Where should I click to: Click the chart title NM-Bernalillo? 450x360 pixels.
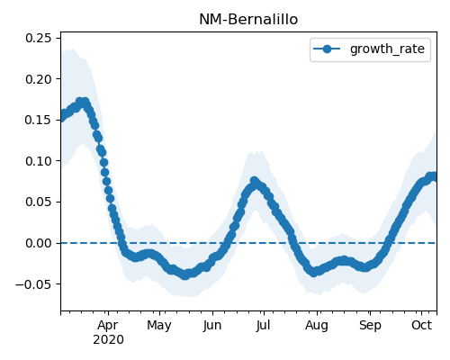tap(248, 20)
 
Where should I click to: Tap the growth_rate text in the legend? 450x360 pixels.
tap(387, 49)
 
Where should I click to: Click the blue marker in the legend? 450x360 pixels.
tap(327, 49)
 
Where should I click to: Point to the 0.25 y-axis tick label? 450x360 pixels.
tap(38, 38)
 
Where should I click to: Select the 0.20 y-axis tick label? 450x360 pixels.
tap(38, 79)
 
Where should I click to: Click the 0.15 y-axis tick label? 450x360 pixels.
tap(38, 120)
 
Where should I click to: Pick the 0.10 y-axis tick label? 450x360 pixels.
tap(38, 161)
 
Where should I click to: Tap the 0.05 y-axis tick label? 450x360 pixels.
tap(38, 202)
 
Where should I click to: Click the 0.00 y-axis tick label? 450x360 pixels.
tap(38, 243)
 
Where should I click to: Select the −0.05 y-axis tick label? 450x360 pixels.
tap(33, 284)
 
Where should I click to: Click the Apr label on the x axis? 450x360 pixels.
tap(108, 326)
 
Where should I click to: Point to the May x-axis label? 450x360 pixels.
tap(159, 326)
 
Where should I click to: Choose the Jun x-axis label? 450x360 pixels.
tap(212, 325)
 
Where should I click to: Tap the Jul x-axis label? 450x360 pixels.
tap(263, 325)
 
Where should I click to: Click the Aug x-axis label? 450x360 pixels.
tap(317, 326)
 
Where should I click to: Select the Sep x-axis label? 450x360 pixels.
tap(370, 326)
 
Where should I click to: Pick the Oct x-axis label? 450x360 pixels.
tap(421, 325)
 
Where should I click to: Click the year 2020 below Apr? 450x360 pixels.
tap(108, 340)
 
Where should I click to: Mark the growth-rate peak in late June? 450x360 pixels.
tap(255, 181)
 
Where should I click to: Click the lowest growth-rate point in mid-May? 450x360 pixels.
tap(185, 275)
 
